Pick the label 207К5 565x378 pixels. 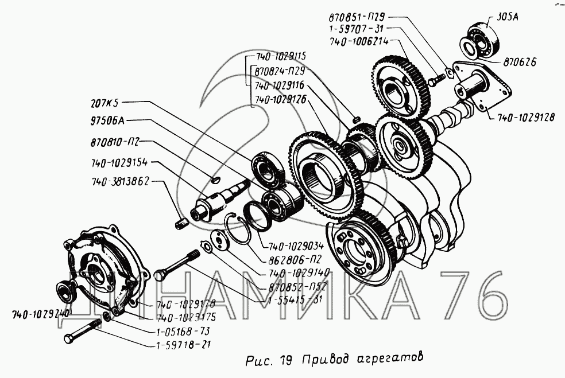pyautogui.click(x=105, y=105)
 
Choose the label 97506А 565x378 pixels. pyautogui.click(x=107, y=121)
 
